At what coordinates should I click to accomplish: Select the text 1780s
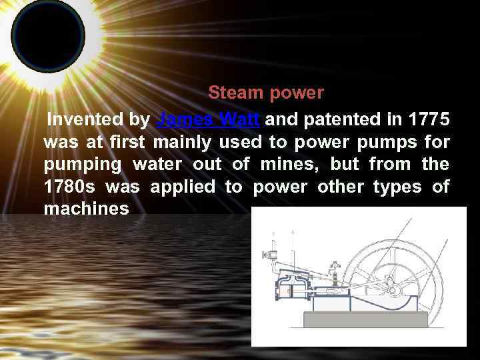pyautogui.click(x=68, y=187)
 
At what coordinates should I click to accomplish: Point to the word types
pyautogui.click(x=397, y=187)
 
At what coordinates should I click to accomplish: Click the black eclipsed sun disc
pyautogui.click(x=48, y=33)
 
